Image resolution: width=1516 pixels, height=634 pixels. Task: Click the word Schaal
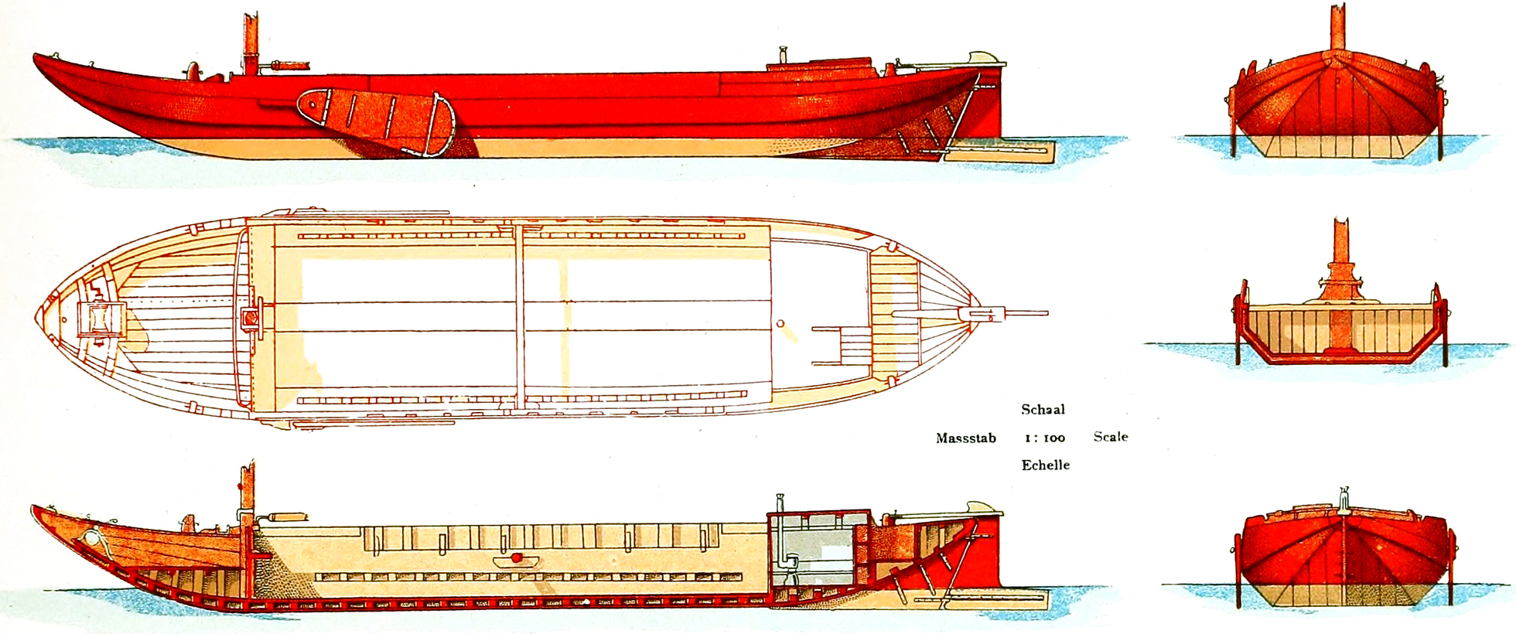pos(1043,410)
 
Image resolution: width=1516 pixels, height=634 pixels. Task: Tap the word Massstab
pos(966,438)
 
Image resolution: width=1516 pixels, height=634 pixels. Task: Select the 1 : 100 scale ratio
pos(1045,438)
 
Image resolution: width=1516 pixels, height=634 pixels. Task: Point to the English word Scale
pos(1111,437)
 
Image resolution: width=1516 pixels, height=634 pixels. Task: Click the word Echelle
pos(1046,465)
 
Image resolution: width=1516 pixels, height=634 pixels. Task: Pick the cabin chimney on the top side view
pos(782,56)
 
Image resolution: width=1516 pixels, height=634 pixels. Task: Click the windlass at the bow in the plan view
pos(101,319)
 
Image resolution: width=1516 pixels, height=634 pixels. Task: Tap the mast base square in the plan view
pos(251,318)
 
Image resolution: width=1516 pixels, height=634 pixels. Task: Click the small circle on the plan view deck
pos(780,323)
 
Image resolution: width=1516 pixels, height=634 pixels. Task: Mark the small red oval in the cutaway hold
pos(517,558)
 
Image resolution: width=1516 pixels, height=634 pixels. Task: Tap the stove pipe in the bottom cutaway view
pos(781,533)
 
